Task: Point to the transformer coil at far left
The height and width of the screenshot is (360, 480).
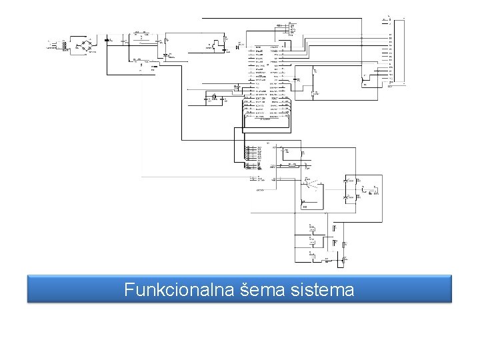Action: tap(64, 45)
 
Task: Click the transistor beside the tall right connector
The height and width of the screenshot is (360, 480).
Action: tap(364, 81)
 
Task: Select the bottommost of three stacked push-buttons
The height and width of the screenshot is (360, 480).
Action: tap(312, 253)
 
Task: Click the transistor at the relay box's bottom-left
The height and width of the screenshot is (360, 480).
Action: tap(304, 202)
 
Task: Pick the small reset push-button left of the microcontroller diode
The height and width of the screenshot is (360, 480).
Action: tap(217, 47)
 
